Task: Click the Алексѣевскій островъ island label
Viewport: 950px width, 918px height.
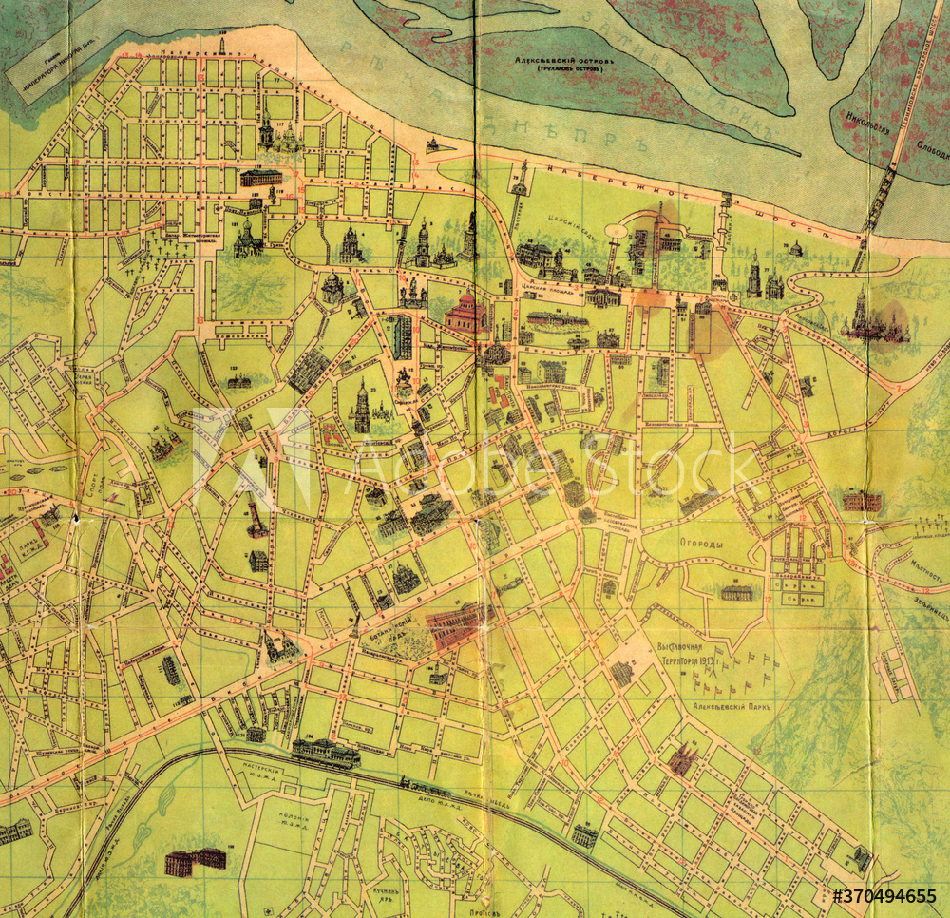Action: [x=564, y=64]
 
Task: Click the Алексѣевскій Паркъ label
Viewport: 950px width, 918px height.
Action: [x=732, y=708]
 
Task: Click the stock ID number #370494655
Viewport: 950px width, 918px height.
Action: [x=884, y=896]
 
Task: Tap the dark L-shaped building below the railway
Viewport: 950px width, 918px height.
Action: [x=195, y=861]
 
